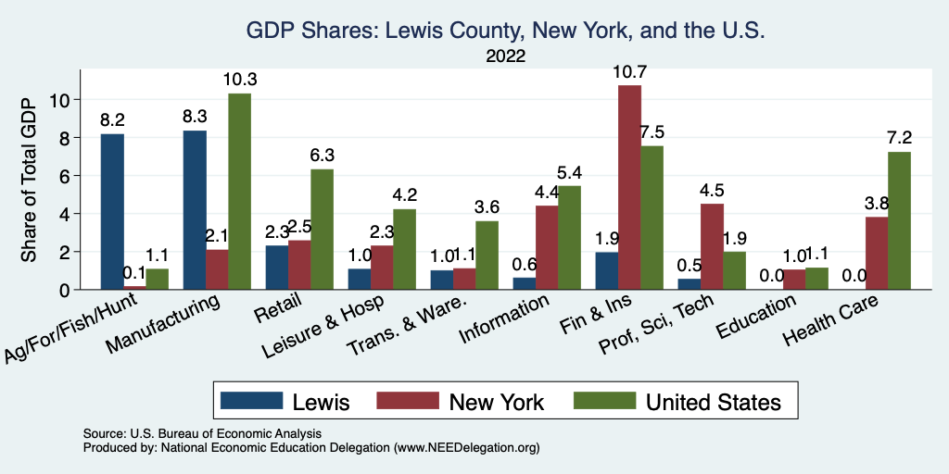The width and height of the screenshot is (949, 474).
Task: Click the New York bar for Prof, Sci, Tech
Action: coord(712,246)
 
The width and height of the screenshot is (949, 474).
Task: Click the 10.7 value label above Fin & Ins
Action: coord(629,70)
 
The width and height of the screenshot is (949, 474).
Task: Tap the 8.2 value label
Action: coord(112,119)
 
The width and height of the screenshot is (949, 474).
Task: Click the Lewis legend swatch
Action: coord(251,401)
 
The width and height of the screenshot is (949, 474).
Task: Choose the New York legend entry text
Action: coord(496,402)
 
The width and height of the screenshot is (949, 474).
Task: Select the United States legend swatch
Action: coord(604,401)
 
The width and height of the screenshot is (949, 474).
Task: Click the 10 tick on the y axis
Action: coord(66,99)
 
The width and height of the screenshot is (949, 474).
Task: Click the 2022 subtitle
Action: coord(505,56)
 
